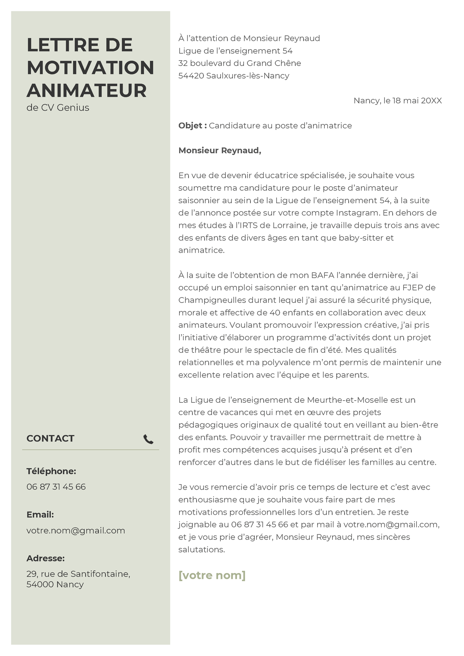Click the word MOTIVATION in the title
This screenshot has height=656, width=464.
click(90, 68)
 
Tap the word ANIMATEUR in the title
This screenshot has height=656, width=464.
click(87, 91)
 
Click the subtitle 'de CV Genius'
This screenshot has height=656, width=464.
click(58, 108)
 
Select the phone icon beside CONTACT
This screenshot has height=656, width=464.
click(148, 439)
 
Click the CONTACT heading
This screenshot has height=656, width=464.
click(50, 438)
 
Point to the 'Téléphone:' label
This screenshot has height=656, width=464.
click(51, 471)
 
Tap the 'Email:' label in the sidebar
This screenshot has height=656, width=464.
click(40, 515)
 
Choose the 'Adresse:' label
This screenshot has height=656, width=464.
click(45, 558)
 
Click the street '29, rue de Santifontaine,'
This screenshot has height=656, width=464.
click(78, 574)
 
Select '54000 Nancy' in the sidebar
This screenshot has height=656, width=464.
click(55, 584)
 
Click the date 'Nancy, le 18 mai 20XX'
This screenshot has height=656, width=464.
click(398, 101)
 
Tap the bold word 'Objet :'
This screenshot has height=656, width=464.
click(192, 126)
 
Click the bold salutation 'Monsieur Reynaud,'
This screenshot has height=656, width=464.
click(220, 150)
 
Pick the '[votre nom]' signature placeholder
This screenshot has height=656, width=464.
click(212, 575)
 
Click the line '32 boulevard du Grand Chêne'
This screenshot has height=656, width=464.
click(240, 63)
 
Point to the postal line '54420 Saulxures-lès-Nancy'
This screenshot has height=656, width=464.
click(234, 76)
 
